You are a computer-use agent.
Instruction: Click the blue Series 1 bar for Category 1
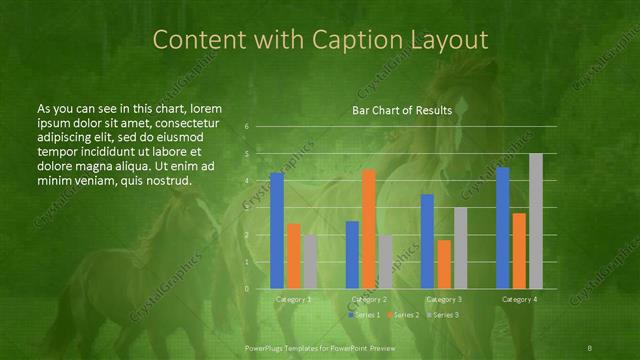pyautogui.click(x=277, y=230)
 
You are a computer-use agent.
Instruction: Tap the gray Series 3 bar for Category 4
pyautogui.click(x=536, y=221)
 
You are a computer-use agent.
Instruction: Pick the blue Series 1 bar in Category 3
pyautogui.click(x=428, y=241)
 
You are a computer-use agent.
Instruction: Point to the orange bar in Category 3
pyautogui.click(x=444, y=264)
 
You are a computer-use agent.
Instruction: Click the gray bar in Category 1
pyautogui.click(x=310, y=261)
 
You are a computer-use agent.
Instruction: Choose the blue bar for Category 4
pyautogui.click(x=503, y=227)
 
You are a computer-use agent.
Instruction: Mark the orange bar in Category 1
pyautogui.click(x=294, y=255)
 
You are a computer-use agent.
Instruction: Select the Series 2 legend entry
pyautogui.click(x=402, y=315)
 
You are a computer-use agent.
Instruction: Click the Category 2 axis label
pyautogui.click(x=369, y=299)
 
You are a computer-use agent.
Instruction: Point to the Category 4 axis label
pyautogui.click(x=520, y=299)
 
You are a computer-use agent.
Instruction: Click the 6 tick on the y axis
pyautogui.click(x=246, y=127)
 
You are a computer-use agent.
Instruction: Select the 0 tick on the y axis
pyautogui.click(x=246, y=289)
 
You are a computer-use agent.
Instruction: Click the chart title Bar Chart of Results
pyautogui.click(x=402, y=110)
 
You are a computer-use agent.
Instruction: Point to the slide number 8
pyautogui.click(x=590, y=347)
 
